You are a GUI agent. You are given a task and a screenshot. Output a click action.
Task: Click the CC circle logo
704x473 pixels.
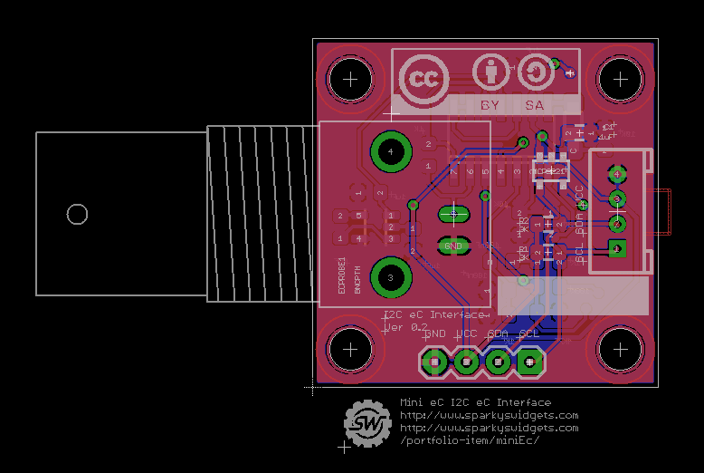pos(421,79)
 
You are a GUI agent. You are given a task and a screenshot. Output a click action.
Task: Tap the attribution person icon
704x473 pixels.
pos(490,72)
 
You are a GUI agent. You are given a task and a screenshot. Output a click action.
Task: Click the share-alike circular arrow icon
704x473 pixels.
pos(535,72)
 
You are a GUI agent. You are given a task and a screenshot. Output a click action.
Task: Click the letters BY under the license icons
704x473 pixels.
pos(490,106)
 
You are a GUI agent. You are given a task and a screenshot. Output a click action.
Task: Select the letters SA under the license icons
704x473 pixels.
pos(535,106)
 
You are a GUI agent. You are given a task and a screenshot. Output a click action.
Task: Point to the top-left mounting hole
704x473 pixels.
pos(349,80)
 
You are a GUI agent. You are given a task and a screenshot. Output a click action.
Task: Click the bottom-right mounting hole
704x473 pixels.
pos(620,348)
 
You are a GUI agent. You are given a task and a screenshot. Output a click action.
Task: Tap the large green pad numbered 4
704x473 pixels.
pos(390,153)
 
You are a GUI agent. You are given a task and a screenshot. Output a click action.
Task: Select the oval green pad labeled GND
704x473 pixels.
pos(453,246)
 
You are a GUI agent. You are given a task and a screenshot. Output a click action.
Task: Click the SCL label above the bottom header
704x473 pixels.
pos(528,334)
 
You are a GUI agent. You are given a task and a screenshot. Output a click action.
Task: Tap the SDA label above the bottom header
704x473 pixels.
pos(498,334)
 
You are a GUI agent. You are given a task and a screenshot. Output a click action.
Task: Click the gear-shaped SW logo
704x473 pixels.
pos(366,422)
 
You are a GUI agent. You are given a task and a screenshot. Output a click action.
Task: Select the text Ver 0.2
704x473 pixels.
pos(405,327)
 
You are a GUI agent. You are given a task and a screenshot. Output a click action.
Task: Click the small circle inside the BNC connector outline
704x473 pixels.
pos(77,214)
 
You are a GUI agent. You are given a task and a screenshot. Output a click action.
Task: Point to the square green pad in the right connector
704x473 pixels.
pos(617,247)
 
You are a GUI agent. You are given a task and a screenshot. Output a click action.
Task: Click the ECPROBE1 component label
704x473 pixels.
pos(342,275)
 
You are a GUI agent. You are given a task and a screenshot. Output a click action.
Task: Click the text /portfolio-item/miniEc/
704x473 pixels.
pos(470,440)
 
